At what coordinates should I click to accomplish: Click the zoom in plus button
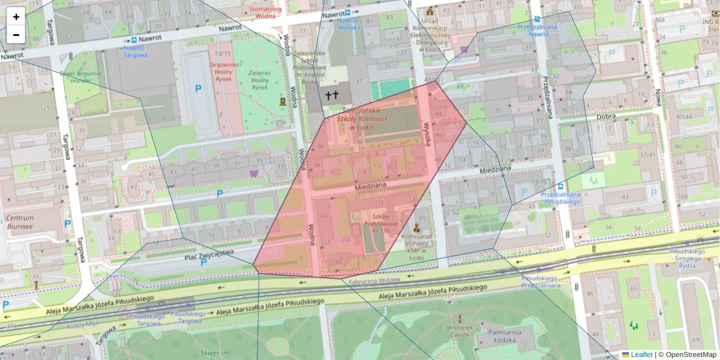[16, 17]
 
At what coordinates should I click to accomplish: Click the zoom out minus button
[16, 35]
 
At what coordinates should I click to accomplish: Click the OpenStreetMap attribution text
[690, 355]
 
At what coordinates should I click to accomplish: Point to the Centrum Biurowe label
[20, 222]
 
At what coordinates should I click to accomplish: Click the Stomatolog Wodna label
[265, 13]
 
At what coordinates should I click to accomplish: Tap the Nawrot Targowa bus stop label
[136, 51]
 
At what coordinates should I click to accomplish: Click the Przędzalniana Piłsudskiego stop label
[560, 198]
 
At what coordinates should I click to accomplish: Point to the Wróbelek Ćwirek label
[459, 332]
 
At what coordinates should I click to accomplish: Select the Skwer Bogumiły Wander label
[80, 76]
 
